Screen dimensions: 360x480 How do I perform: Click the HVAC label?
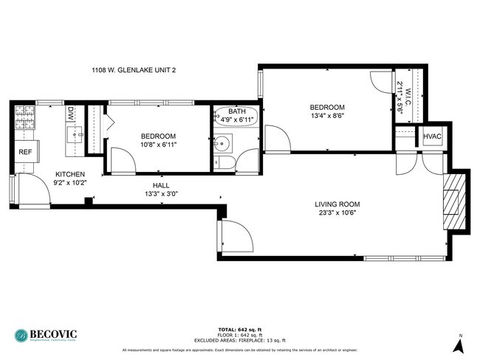click(x=432, y=137)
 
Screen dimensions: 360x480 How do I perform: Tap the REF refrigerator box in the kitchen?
click(x=25, y=152)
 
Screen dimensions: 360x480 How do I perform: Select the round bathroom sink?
click(x=221, y=143)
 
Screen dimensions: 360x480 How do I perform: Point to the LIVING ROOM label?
click(x=337, y=204)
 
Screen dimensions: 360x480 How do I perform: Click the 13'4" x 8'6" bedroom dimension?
click(x=326, y=115)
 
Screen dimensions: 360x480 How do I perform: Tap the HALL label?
click(x=161, y=185)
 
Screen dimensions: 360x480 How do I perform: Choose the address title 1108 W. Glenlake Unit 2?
click(x=132, y=70)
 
